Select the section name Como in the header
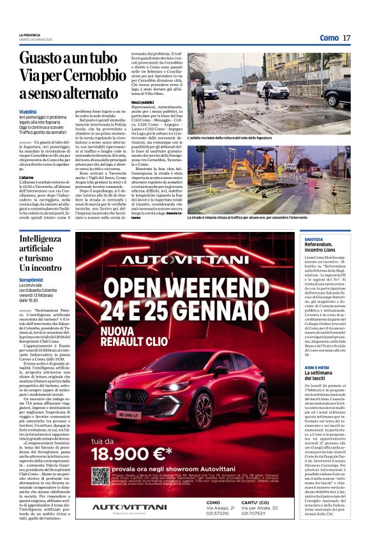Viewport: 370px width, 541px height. [x=329, y=38]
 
